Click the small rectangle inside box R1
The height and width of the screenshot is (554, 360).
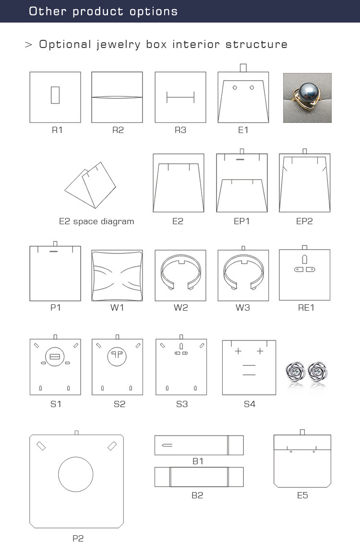click(55, 95)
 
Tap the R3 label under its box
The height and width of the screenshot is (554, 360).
click(180, 130)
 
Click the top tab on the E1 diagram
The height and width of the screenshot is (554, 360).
click(243, 68)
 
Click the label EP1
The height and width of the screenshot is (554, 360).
click(242, 221)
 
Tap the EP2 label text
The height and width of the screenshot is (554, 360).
click(304, 221)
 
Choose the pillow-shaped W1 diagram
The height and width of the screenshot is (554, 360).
click(117, 276)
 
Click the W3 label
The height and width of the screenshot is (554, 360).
click(242, 308)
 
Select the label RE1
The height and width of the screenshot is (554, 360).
click(306, 308)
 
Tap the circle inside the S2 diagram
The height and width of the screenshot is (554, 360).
click(117, 356)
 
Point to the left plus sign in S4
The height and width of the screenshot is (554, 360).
click(238, 351)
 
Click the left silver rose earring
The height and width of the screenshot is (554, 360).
click(295, 371)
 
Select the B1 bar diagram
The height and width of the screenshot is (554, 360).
click(199, 445)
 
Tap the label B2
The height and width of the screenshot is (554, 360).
click(197, 495)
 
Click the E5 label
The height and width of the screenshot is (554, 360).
click(302, 495)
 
